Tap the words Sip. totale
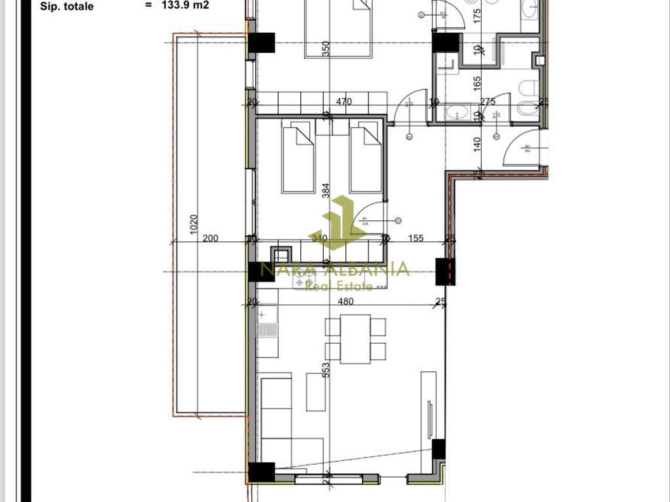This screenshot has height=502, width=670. point(67,7)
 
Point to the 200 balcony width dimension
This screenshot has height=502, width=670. point(210,239)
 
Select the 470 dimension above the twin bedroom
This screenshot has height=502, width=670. point(344,101)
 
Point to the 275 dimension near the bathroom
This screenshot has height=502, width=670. point(487,101)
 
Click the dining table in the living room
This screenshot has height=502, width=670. point(355,339)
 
